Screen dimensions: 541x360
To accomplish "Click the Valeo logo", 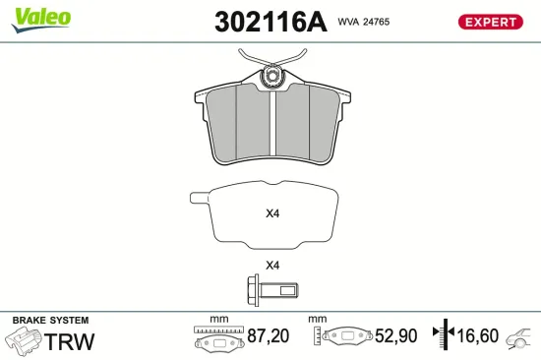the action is click(x=41, y=20).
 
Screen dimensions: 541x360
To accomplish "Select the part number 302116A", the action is click(x=270, y=22).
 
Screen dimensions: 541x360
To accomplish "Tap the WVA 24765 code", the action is click(x=364, y=22).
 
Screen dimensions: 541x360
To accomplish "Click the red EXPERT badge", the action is click(x=490, y=22).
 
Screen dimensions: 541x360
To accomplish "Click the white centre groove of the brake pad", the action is click(x=272, y=123).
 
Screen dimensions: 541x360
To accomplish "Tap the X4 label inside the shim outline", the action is click(x=272, y=213).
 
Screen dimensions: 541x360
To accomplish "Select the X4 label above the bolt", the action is click(x=272, y=266).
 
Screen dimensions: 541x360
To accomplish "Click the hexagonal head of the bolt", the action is click(x=253, y=290).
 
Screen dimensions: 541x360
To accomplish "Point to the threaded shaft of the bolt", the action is click(x=278, y=290).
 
